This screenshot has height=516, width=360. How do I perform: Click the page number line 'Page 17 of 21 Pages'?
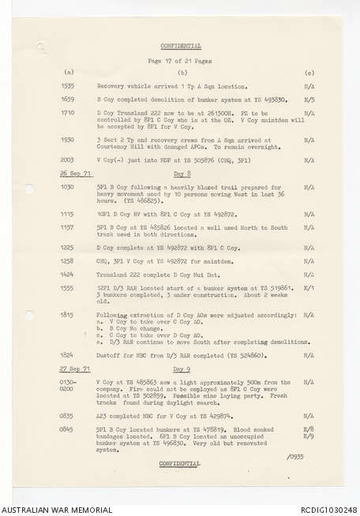point(181,60)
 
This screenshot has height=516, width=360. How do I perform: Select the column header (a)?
point(68,72)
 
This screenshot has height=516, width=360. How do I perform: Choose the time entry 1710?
point(69,114)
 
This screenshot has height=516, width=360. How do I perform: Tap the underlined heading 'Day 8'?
point(182,171)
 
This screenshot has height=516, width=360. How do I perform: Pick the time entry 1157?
point(69,226)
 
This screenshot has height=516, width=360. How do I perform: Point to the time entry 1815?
point(69,315)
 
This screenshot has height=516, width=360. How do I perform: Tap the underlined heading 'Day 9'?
point(182,368)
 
